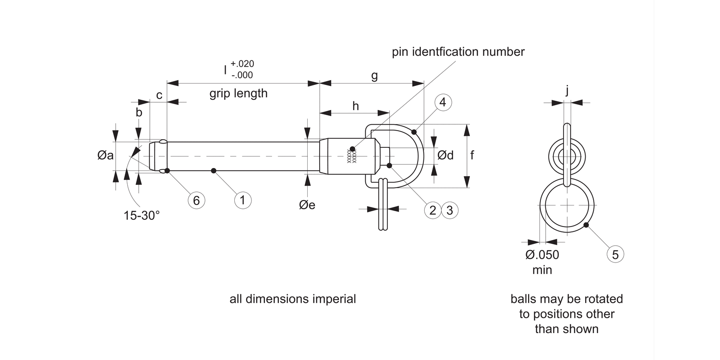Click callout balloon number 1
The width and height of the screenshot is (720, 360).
coord(243,200)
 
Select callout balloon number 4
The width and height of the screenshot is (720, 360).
coord(443,103)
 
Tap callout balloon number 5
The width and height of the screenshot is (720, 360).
coord(615,254)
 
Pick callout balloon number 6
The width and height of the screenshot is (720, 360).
coord(196,200)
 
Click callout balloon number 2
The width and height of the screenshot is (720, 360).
coord(432,210)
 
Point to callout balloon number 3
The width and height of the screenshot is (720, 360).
coord(450,210)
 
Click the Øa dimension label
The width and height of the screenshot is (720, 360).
coord(106,156)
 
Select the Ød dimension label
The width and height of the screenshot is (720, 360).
coord(445,156)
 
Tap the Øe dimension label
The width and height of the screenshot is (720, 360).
coord(307,205)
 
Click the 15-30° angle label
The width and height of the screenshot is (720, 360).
coord(142,216)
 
